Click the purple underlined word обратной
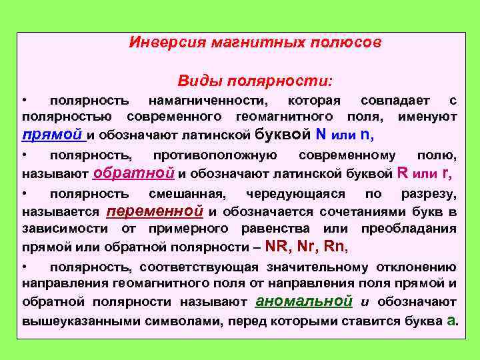pyautogui.click(x=135, y=173)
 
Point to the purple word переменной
pyautogui.click(x=155, y=211)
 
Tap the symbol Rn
pyautogui.click(x=335, y=245)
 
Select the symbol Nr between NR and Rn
pyautogui.click(x=307, y=245)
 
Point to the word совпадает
pyautogui.click(x=396, y=100)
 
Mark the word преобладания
pyautogui.click(x=409, y=229)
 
